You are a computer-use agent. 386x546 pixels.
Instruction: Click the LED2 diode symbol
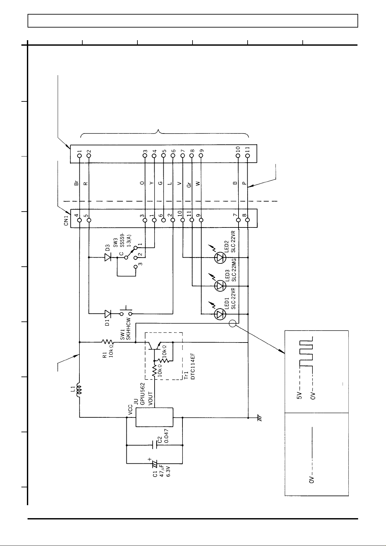click(x=221, y=258)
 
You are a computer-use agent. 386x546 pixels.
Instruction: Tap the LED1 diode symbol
click(x=221, y=314)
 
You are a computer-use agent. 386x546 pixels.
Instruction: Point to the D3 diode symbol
click(x=108, y=258)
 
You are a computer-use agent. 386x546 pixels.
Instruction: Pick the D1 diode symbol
click(x=108, y=314)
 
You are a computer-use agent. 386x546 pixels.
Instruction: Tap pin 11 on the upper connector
click(x=248, y=156)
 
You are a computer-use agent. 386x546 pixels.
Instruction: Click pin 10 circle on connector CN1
click(x=182, y=220)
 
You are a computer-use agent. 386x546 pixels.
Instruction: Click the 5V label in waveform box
click(x=299, y=396)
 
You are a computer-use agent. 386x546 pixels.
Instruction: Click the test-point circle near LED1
click(x=232, y=323)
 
